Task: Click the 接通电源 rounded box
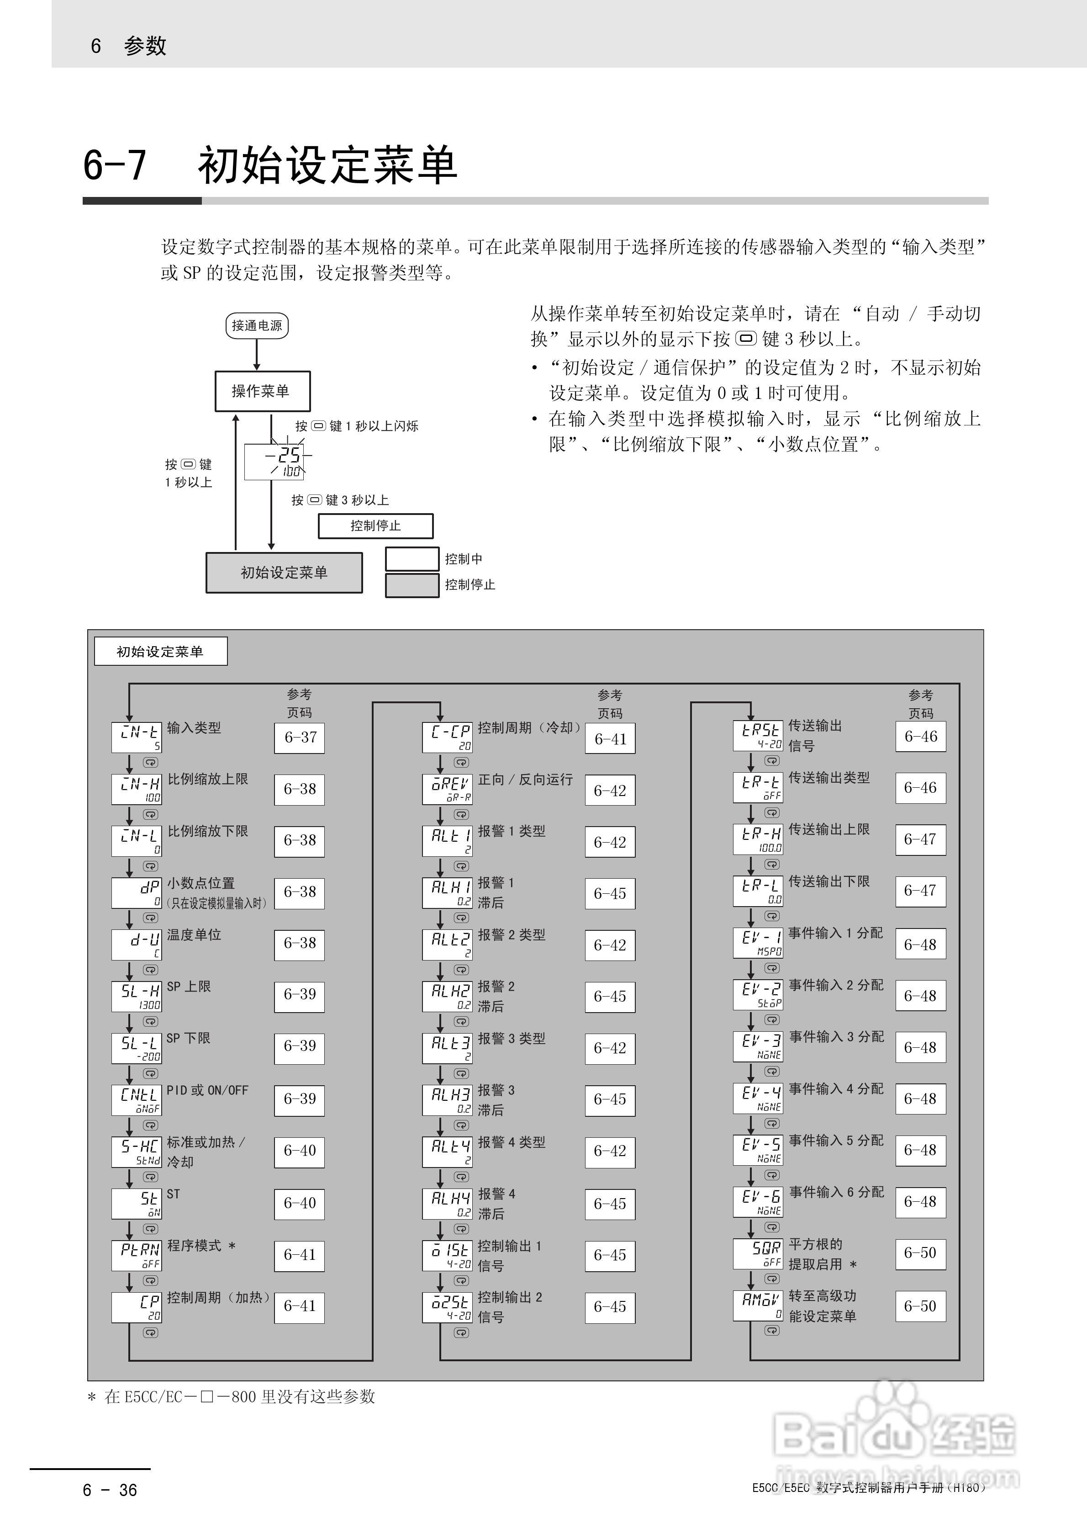pyautogui.click(x=257, y=326)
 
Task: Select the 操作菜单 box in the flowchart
pyautogui.click(x=262, y=391)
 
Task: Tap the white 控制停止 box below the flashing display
pyautogui.click(x=375, y=525)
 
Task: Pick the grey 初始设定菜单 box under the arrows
pyautogui.click(x=284, y=573)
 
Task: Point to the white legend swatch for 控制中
pyautogui.click(x=412, y=559)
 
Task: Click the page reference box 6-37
pyautogui.click(x=300, y=738)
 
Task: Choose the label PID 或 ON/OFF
pyautogui.click(x=207, y=1091)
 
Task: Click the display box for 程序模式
pyautogui.click(x=137, y=1255)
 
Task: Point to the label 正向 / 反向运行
pyautogui.click(x=525, y=780)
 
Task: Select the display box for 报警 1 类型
pyautogui.click(x=447, y=840)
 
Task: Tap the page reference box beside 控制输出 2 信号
pyautogui.click(x=610, y=1306)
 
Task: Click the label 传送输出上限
pyautogui.click(x=829, y=829)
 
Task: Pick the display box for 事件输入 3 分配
pyautogui.click(x=758, y=1046)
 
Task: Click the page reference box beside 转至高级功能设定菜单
pyautogui.click(x=920, y=1306)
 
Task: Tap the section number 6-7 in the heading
pyautogui.click(x=115, y=165)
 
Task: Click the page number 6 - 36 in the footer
pyautogui.click(x=110, y=1490)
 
